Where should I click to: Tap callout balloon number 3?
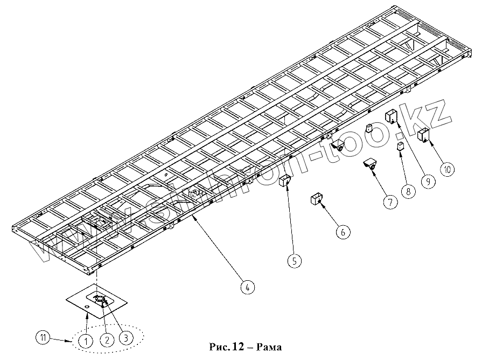125,338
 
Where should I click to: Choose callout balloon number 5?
294,261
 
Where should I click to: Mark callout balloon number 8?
408,190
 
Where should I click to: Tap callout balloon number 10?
446,169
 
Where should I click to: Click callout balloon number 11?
43,337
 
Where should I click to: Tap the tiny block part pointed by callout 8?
400,146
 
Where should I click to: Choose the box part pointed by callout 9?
390,116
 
